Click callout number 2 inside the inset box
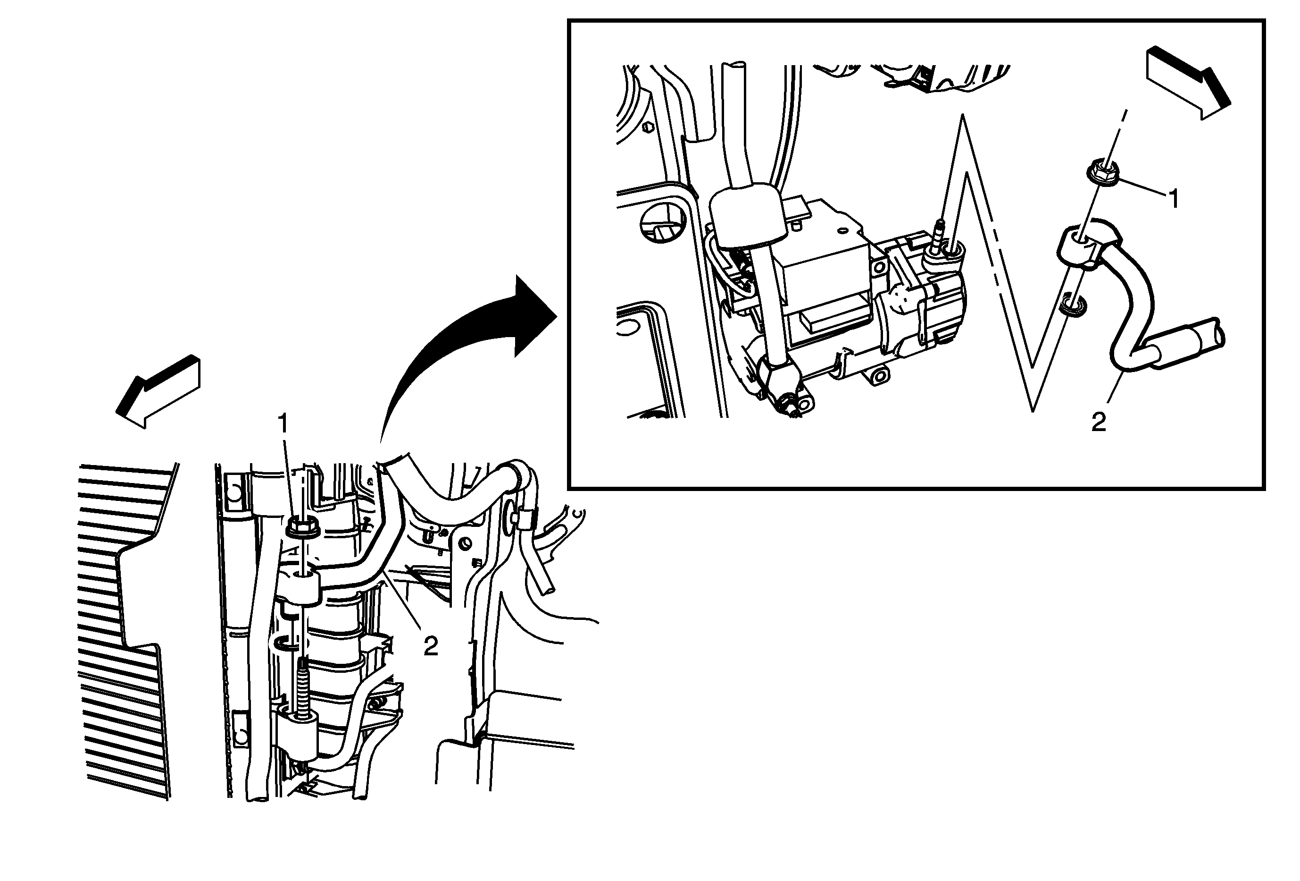coord(1099,423)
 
